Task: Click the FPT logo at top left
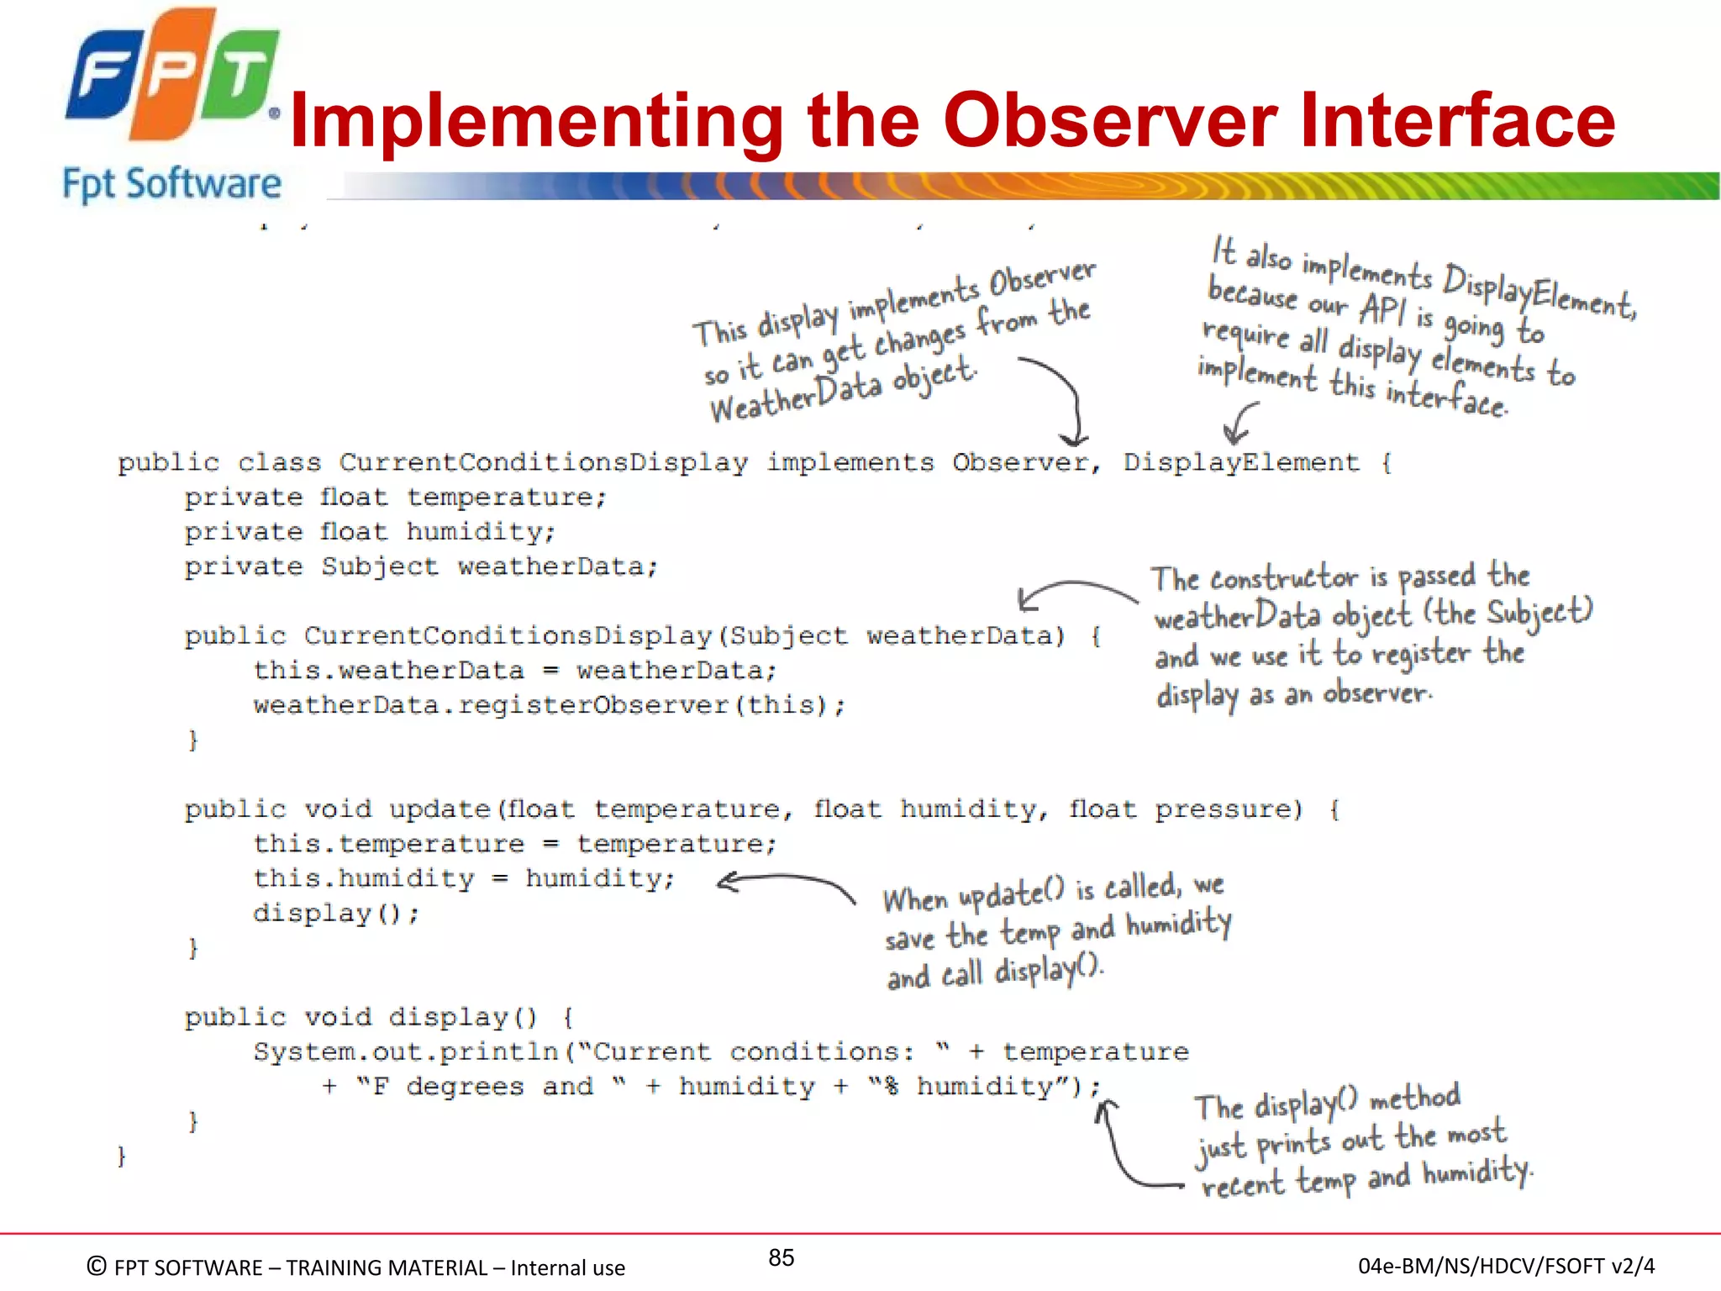click(x=172, y=76)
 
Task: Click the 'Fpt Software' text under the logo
click(x=171, y=184)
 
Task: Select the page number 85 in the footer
click(x=781, y=1257)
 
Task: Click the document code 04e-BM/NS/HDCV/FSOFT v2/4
click(x=1506, y=1266)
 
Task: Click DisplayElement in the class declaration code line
click(x=1241, y=463)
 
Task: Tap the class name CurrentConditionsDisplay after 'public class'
click(x=544, y=463)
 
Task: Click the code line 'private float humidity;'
click(x=370, y=533)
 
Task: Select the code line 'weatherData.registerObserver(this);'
click(x=549, y=705)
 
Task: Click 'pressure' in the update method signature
click(x=1228, y=809)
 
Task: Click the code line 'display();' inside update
click(x=335, y=914)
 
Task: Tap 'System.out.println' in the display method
click(x=407, y=1052)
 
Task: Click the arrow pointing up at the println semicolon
click(x=1126, y=1151)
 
